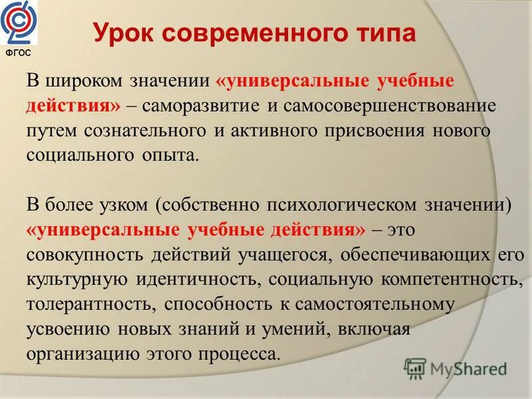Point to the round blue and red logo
(x=21, y=23)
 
